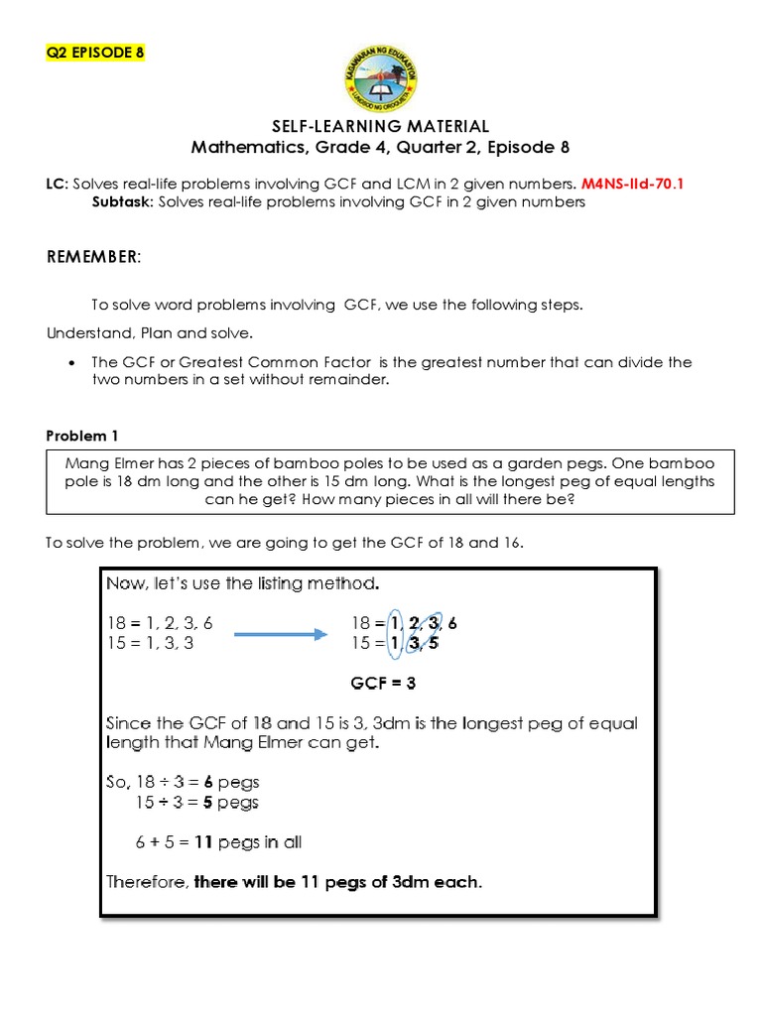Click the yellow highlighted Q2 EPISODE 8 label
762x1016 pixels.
coord(95,53)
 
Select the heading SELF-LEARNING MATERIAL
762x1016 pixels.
coord(381,126)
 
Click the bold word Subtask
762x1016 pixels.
coord(122,201)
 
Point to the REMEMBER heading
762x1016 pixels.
coord(94,258)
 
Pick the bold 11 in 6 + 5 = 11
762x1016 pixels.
coord(205,842)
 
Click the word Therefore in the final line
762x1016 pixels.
coord(147,881)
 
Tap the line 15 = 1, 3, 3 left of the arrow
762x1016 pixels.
coord(158,643)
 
